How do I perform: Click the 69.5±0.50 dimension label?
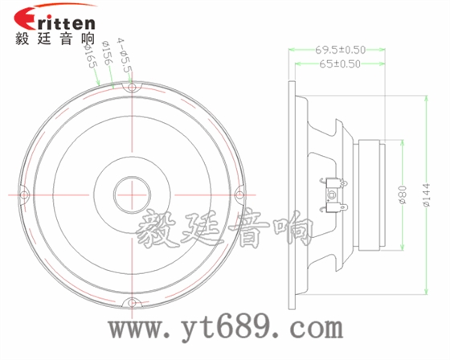341,49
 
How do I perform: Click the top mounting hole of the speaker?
131,84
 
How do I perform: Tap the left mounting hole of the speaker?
23,194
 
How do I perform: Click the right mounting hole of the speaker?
238,194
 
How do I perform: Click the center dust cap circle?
131,194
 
